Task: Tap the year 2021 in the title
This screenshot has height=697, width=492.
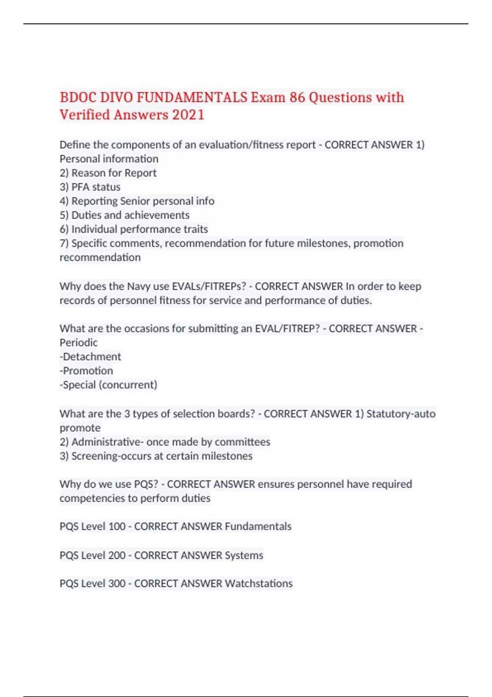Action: coord(188,115)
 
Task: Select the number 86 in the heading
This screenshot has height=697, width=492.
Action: coord(297,98)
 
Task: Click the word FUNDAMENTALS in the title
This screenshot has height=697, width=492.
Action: coord(192,98)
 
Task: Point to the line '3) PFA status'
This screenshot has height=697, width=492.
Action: coord(90,187)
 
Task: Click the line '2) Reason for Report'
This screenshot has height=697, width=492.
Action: coord(108,173)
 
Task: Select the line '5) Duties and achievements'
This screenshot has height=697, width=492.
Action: coord(124,215)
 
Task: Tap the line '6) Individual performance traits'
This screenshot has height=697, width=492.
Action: coord(134,229)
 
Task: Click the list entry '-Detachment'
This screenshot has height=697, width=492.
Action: coord(90,357)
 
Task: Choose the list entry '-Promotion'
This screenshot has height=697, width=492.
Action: coord(86,371)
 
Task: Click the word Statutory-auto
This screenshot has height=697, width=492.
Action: coord(401,414)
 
